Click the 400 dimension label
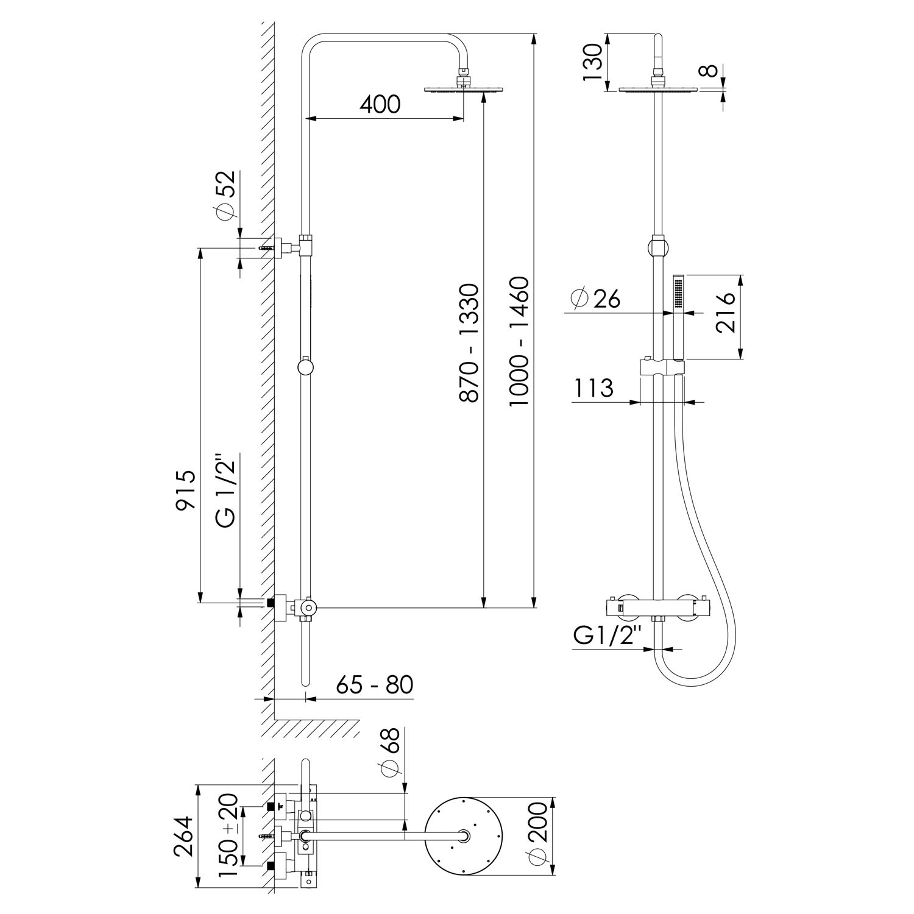point(380,104)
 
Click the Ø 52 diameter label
point(225,195)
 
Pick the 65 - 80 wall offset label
point(375,684)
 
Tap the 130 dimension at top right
point(592,62)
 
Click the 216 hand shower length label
point(725,313)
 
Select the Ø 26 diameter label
point(596,299)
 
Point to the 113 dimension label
point(592,388)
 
